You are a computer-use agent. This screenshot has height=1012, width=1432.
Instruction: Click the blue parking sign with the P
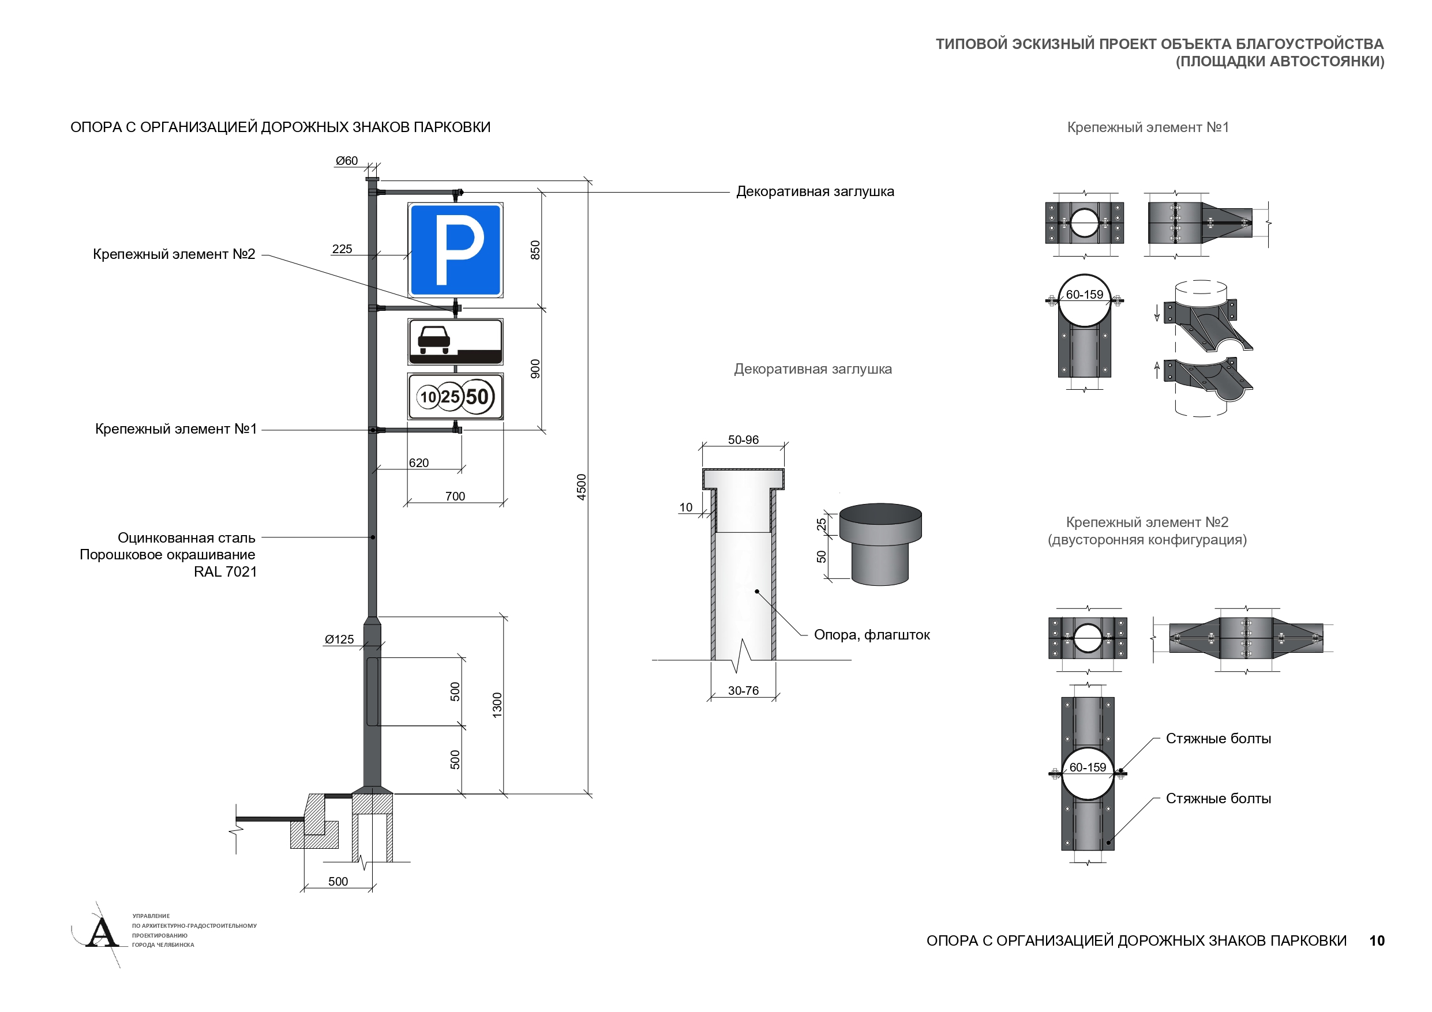tap(455, 250)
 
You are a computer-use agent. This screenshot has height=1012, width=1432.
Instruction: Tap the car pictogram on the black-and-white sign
tap(433, 341)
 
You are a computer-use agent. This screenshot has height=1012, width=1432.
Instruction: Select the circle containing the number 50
tap(477, 397)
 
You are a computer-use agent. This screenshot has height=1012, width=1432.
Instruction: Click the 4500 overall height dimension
tap(582, 486)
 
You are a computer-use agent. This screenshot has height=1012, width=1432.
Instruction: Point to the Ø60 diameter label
tap(347, 161)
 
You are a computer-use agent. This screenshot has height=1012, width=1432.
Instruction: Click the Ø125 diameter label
tap(339, 639)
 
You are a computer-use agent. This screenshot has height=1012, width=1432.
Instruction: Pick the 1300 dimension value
tap(497, 705)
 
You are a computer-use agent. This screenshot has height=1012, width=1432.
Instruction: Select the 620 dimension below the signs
tap(418, 462)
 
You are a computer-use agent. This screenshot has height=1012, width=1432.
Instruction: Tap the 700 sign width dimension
tap(455, 496)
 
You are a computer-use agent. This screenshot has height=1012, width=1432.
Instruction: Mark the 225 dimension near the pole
tap(342, 249)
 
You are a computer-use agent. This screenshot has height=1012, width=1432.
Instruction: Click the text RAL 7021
tap(224, 572)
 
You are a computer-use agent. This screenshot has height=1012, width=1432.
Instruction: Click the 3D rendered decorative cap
tap(880, 544)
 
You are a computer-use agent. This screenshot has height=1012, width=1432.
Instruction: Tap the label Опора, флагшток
tap(871, 635)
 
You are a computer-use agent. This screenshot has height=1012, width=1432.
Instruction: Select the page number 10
tap(1377, 940)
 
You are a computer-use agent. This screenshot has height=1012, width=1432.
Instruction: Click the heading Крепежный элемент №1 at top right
tap(1148, 127)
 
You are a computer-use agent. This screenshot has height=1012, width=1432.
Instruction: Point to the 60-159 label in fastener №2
tap(1088, 767)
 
